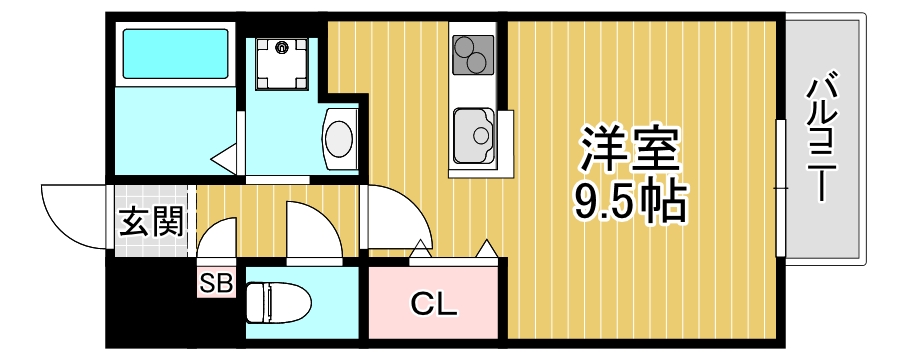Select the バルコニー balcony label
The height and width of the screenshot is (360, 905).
click(822, 136)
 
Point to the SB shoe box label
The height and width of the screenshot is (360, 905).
click(215, 284)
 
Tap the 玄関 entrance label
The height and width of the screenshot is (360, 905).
click(151, 220)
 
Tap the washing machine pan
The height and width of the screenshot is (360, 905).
click(281, 63)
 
